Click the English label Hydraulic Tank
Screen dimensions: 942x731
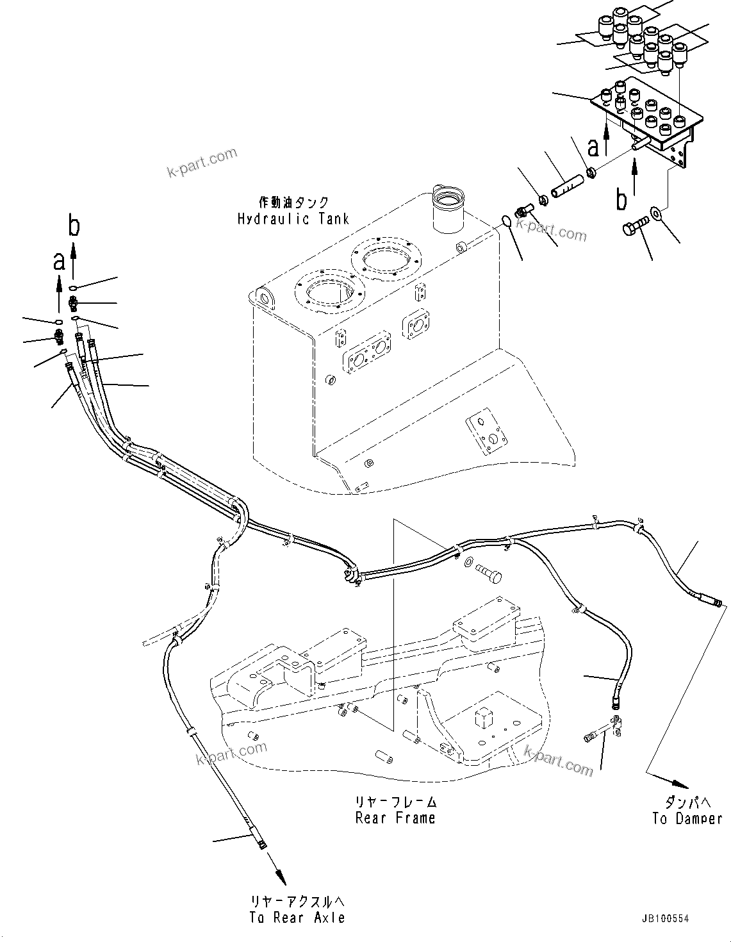[293, 219]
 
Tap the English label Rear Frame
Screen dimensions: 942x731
[395, 818]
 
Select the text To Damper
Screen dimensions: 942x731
[687, 818]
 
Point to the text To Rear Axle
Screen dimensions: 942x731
[297, 918]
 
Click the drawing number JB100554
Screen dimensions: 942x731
[666, 919]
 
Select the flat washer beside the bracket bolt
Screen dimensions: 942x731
[657, 211]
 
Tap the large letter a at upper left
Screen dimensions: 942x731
[59, 261]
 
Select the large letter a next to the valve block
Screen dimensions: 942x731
[594, 147]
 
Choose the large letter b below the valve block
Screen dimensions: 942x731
[621, 199]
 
